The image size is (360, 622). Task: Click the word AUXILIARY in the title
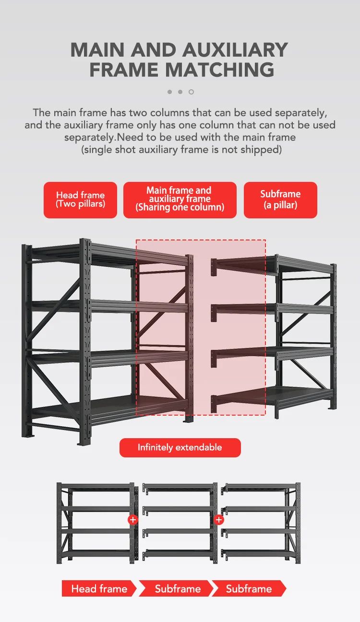click(235, 50)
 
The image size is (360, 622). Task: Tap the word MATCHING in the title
click(220, 70)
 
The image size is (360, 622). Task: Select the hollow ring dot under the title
click(191, 92)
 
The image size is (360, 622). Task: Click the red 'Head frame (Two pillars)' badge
click(80, 200)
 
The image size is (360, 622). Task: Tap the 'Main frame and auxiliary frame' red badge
click(180, 200)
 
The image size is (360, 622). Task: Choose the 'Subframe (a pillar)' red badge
click(280, 200)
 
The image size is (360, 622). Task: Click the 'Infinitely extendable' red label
click(180, 447)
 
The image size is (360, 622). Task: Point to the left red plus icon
click(133, 519)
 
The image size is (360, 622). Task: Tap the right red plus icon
click(219, 519)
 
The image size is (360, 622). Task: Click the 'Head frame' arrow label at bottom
click(99, 588)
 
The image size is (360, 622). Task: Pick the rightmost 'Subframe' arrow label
click(249, 588)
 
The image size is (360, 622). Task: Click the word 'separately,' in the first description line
click(301, 113)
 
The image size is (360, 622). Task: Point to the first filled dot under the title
click(170, 92)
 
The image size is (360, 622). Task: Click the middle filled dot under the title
click(180, 92)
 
